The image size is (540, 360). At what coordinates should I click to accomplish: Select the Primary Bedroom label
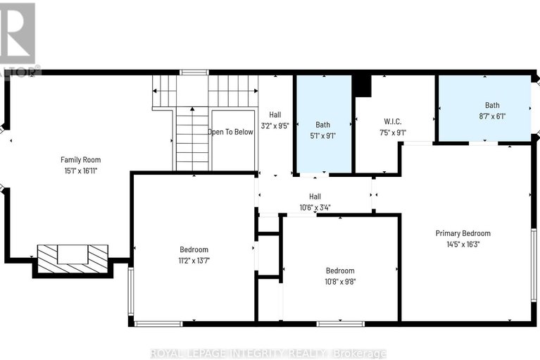pos(463,233)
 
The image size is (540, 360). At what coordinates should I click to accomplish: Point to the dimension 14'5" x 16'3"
pos(463,244)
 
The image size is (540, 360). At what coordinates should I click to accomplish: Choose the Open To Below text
pos(230,132)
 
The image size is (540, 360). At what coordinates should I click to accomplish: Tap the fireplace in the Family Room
pos(72,255)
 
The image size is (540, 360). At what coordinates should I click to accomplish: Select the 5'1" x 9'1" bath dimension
pos(322,136)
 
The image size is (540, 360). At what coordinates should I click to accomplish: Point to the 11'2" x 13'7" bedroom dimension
pos(194,261)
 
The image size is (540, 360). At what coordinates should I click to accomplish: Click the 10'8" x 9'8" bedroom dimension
pos(339,282)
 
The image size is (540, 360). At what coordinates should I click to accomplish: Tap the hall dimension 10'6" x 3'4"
pos(315,207)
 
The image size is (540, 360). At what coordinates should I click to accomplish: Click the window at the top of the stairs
pos(194,72)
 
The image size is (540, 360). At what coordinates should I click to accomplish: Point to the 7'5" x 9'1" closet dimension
pos(392,131)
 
